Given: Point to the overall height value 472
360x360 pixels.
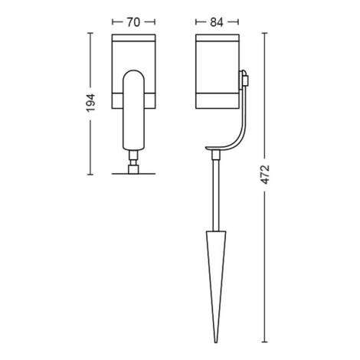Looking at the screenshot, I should click(x=265, y=178).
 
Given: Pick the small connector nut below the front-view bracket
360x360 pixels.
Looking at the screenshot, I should click(x=134, y=162).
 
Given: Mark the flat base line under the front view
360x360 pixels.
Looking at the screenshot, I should click(x=134, y=173).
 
